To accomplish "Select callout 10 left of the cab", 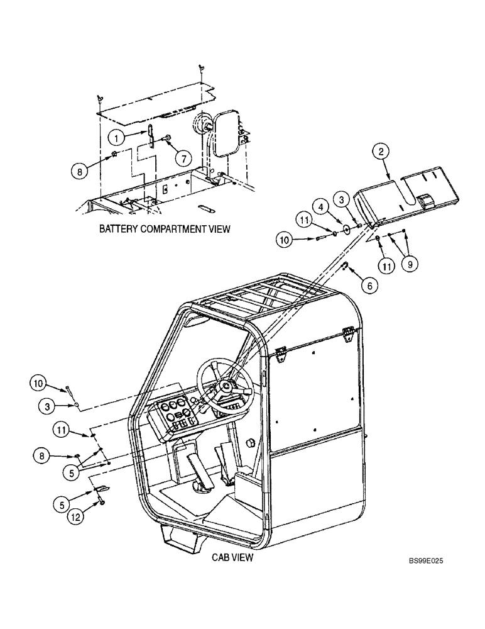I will coord(39,382).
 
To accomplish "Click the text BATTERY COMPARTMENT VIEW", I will coord(165,230).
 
